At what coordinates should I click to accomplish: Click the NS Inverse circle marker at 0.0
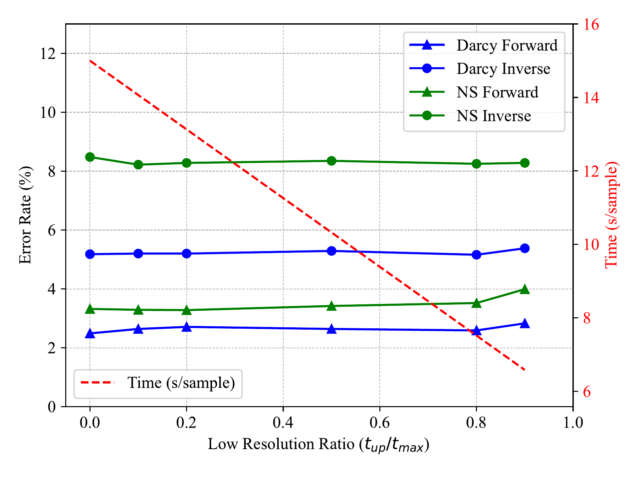(x=90, y=157)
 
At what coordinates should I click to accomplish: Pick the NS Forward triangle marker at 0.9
(x=525, y=289)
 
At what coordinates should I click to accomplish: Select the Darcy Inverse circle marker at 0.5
(x=331, y=251)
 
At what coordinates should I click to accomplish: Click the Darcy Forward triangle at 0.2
(x=187, y=327)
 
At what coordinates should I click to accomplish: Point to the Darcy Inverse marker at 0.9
(x=525, y=248)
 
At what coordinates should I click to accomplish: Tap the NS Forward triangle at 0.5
(x=331, y=306)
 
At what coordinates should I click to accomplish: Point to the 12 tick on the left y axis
(x=48, y=54)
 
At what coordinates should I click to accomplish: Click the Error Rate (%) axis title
(x=25, y=215)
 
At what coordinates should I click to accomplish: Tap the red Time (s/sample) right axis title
(x=611, y=215)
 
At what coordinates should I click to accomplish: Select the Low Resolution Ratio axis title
(x=319, y=444)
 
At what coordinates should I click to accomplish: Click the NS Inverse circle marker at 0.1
(x=138, y=165)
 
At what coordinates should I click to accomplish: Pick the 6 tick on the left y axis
(x=52, y=230)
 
